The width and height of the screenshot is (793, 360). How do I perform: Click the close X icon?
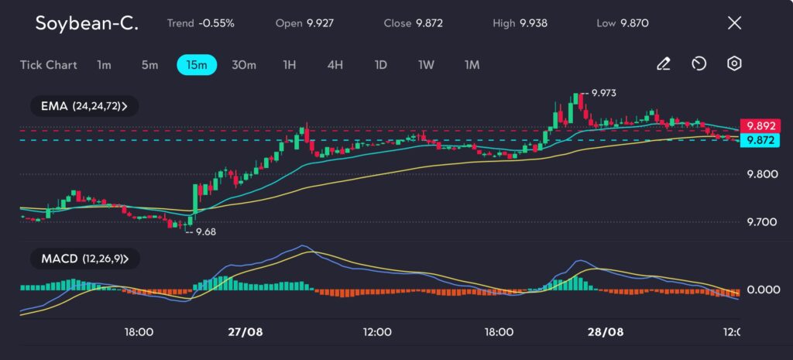[x=734, y=23]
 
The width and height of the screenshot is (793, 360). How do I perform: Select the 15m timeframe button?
[x=197, y=65]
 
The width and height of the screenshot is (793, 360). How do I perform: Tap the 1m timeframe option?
[x=104, y=65]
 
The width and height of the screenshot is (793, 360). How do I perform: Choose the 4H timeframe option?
[x=335, y=65]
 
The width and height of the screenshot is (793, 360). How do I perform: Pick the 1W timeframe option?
[x=426, y=65]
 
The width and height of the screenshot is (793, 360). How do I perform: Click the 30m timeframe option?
[x=244, y=65]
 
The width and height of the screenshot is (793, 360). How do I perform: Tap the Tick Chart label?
[x=49, y=65]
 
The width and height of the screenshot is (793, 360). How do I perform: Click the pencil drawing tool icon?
[x=663, y=64]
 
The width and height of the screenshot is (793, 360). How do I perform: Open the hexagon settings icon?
[x=734, y=64]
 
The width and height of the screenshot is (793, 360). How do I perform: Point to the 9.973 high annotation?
[x=603, y=93]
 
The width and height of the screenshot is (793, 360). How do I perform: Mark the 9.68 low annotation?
[x=204, y=231]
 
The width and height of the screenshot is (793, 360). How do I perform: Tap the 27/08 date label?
[x=245, y=331]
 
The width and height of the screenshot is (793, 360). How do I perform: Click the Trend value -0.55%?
[x=217, y=23]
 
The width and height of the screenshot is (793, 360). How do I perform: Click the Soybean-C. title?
[x=87, y=23]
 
